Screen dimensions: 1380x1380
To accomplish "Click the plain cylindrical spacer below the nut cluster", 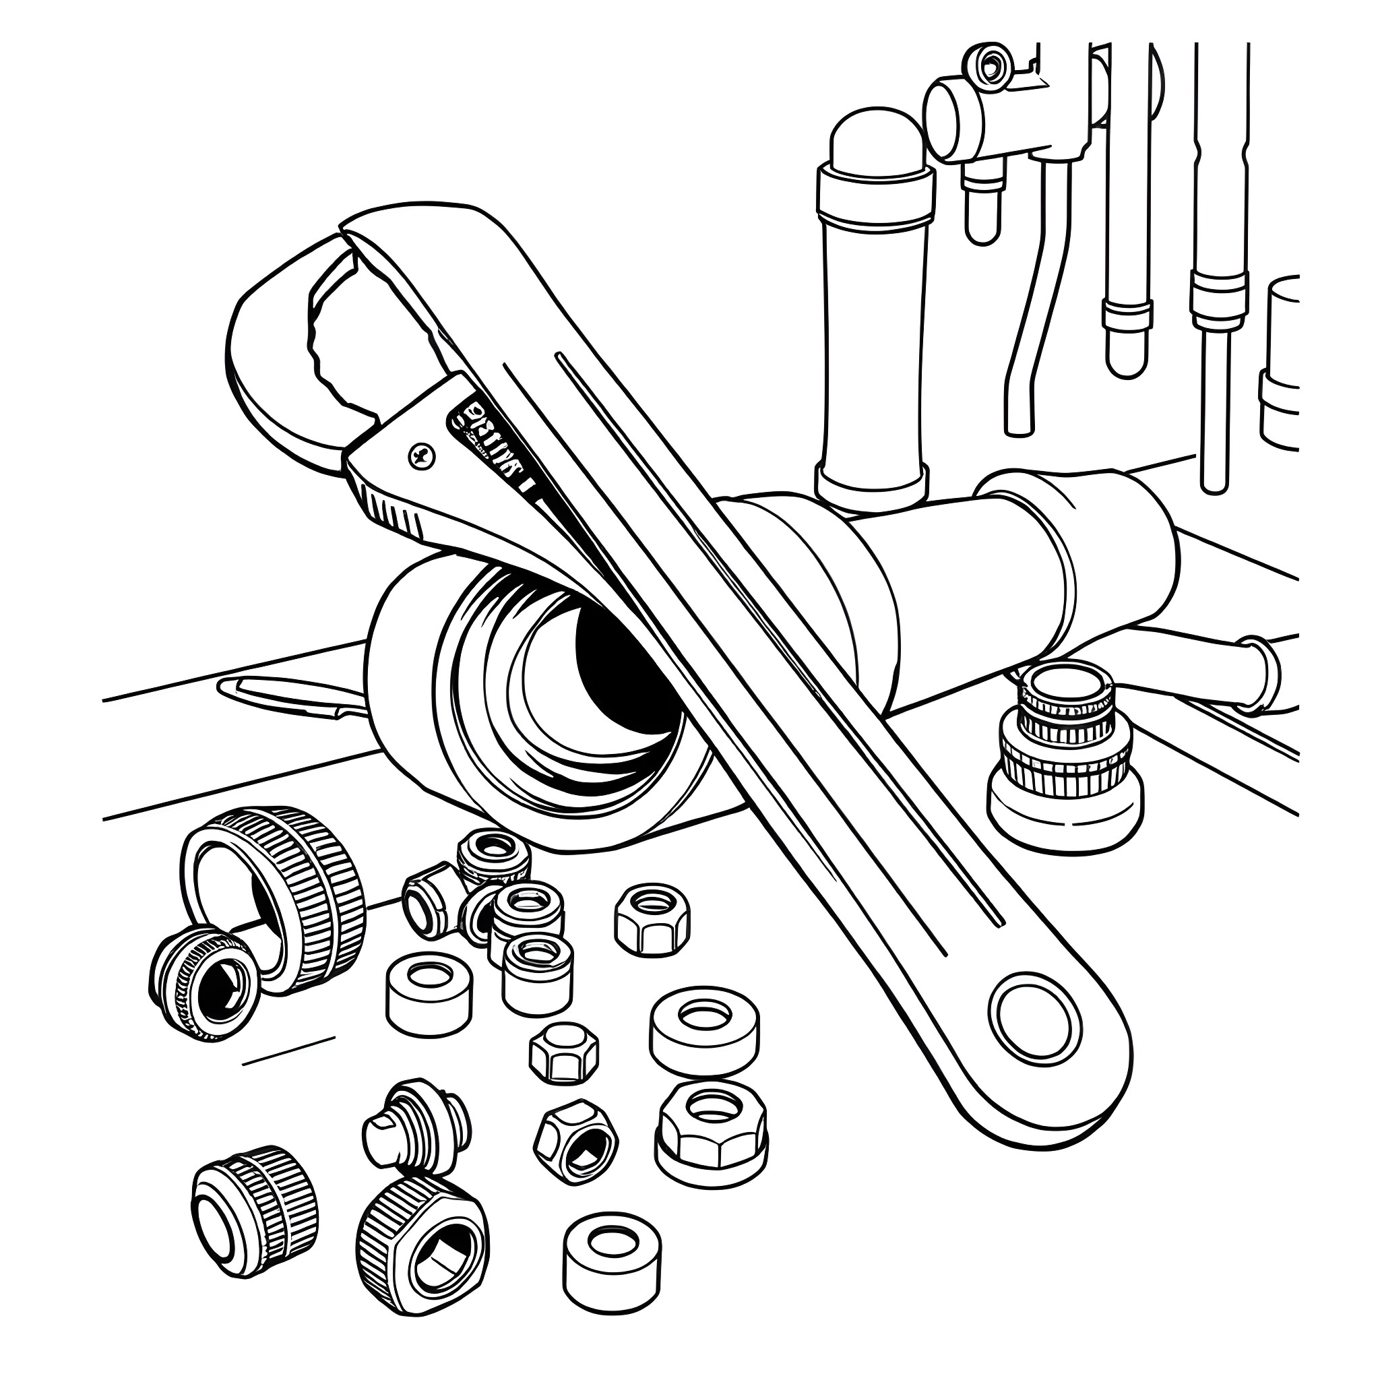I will [x=429, y=993].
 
